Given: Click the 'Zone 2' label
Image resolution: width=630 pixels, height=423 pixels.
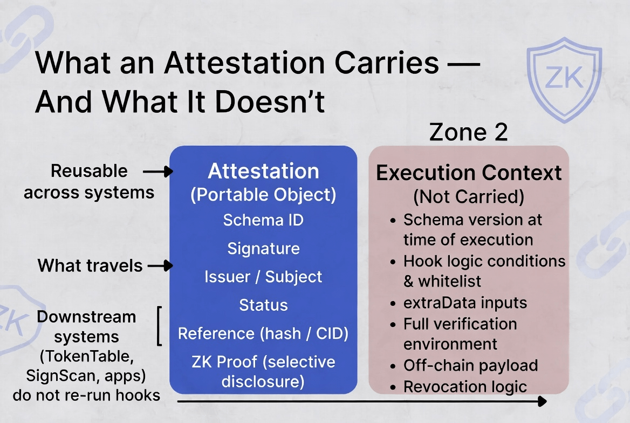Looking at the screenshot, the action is tap(469, 132).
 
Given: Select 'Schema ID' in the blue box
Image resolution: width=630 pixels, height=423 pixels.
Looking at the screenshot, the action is tap(263, 220).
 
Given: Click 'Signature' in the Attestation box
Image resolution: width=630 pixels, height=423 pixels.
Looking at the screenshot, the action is tap(263, 249).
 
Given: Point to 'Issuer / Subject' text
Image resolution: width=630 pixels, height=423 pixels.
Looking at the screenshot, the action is tap(263, 277).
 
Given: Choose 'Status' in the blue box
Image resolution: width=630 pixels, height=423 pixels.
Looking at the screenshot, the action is tap(263, 305).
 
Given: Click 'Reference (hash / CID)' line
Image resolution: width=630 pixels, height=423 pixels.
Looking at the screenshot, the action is tap(263, 333).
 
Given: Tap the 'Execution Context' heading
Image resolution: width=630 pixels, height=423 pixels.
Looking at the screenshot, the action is tap(469, 173).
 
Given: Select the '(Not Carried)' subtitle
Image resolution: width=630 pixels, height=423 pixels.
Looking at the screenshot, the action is tap(469, 196).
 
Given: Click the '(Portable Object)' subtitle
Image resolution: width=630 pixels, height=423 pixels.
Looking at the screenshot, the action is tap(263, 195).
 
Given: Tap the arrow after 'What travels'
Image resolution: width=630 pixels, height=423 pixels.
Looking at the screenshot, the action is tap(160, 266).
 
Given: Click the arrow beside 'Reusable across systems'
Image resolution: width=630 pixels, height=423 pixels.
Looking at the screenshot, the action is tap(158, 172).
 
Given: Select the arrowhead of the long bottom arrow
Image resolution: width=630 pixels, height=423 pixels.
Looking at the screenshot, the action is tap(543, 401).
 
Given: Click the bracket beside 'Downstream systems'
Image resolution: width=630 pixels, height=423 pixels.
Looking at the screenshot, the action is tap(159, 326).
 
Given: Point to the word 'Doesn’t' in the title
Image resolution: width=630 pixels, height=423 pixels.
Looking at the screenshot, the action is tap(270, 101).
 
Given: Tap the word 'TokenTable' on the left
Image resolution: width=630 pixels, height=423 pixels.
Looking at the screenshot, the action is tap(86, 356).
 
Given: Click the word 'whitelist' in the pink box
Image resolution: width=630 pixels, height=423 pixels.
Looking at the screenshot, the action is tap(450, 281).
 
